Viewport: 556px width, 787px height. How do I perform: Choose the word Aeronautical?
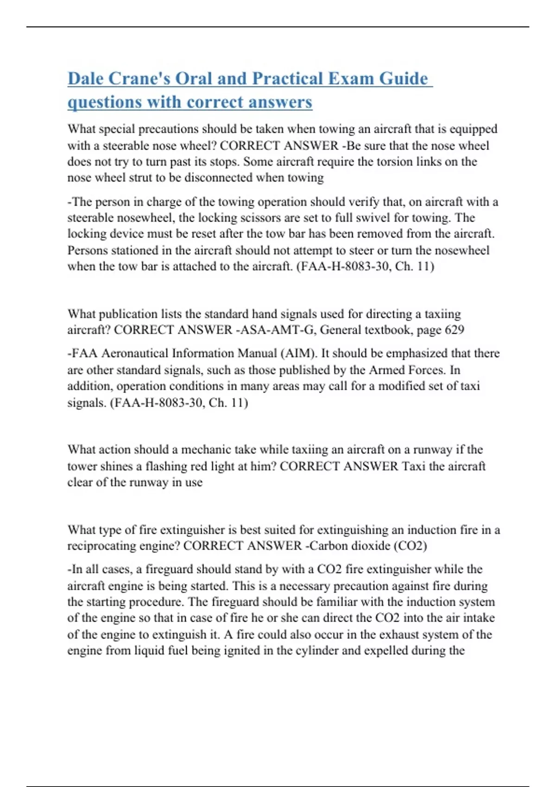click(x=135, y=354)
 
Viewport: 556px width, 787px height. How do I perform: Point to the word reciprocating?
click(x=106, y=546)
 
